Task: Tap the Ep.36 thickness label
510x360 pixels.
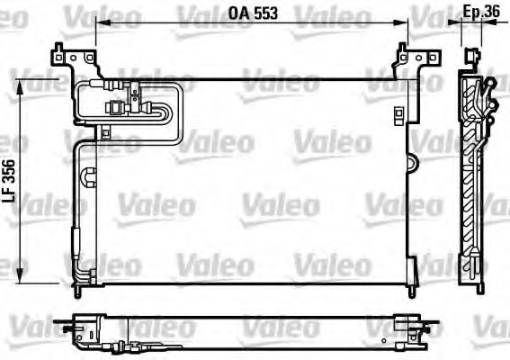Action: [481, 11]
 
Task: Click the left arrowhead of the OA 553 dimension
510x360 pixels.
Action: [98, 24]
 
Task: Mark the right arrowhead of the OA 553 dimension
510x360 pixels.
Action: [404, 24]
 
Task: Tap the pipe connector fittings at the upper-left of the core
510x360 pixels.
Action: [126, 97]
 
